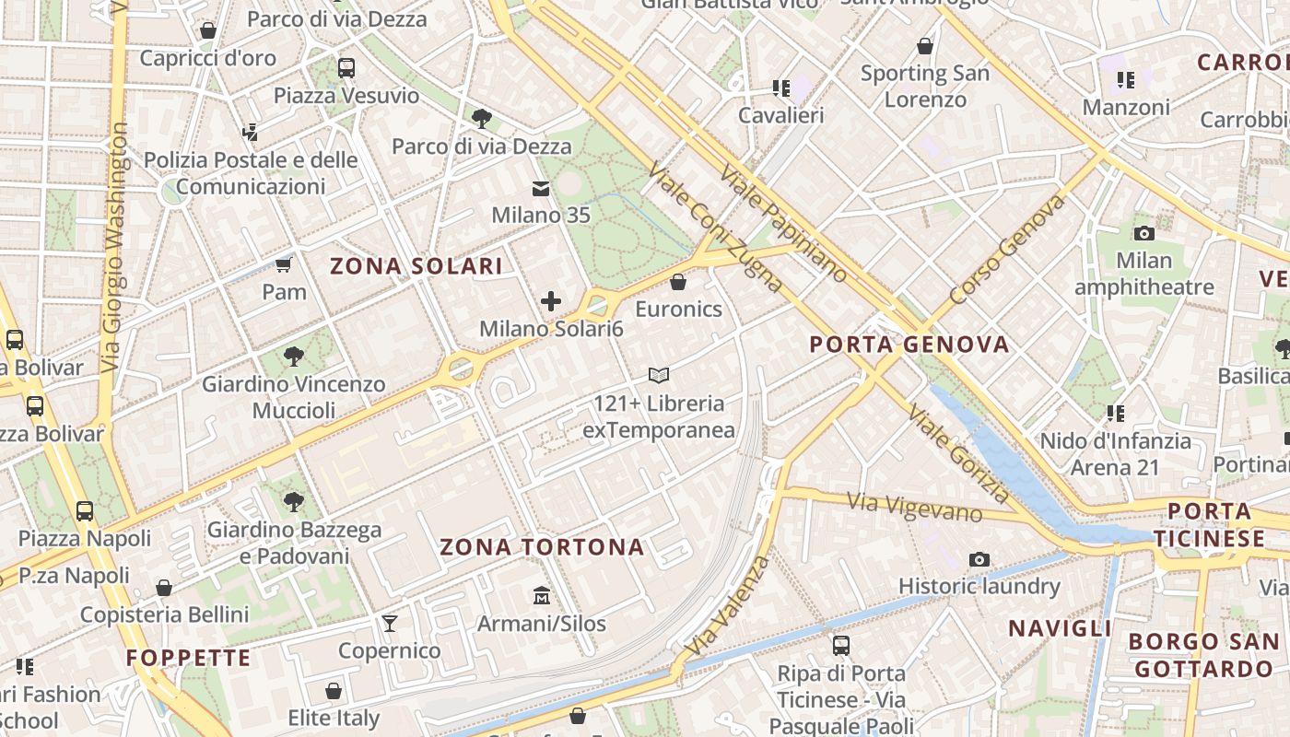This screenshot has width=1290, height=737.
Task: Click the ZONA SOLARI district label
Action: [x=416, y=267]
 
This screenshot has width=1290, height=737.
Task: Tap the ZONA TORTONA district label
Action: [x=542, y=547]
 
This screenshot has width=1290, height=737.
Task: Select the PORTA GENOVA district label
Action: [x=909, y=345]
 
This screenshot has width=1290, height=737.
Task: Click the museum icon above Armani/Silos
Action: [x=542, y=597]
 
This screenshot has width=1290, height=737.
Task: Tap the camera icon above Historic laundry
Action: [x=979, y=559]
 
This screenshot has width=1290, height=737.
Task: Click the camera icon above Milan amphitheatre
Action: [x=1144, y=233]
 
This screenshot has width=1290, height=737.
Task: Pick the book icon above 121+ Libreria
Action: [x=658, y=375]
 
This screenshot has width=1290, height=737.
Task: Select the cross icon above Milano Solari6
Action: [x=551, y=301]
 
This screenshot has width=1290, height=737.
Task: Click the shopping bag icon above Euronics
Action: [x=678, y=282]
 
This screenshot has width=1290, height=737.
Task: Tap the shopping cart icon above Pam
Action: [x=284, y=265]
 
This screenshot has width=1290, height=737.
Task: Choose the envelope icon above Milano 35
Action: [x=540, y=189]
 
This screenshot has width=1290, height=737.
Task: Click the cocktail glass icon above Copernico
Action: [x=390, y=624]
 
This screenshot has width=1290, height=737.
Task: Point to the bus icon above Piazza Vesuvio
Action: [x=346, y=68]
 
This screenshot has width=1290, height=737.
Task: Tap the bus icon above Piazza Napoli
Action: [x=85, y=510]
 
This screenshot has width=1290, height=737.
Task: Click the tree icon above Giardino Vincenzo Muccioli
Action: [x=294, y=356]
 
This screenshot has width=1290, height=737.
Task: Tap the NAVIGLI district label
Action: [x=1060, y=629]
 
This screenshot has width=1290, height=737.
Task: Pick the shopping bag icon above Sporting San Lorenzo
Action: [x=925, y=46]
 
